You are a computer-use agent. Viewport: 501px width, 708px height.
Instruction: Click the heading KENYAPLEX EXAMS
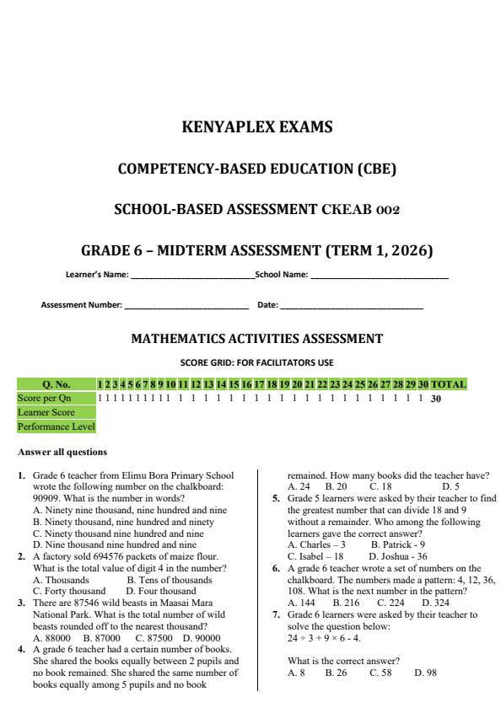[257, 128]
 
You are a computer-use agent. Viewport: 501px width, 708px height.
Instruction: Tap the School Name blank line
[379, 276]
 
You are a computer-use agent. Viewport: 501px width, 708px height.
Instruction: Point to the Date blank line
[351, 305]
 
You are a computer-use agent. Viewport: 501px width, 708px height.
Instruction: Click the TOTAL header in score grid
[448, 384]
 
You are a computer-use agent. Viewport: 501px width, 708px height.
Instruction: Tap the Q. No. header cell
[57, 384]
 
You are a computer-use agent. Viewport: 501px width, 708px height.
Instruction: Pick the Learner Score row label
[46, 412]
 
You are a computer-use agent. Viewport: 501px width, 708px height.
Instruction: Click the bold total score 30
[436, 399]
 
